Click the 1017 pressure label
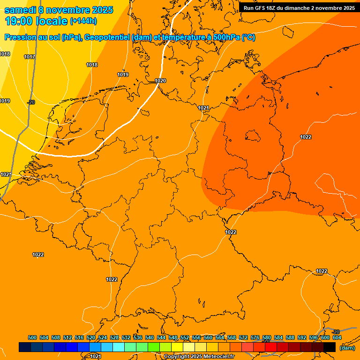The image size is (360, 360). point(30,57)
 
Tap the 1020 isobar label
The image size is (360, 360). point(160,81)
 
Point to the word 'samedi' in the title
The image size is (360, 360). point(20,10)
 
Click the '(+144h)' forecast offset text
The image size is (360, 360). point(83,21)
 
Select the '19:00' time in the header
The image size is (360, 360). point(19,21)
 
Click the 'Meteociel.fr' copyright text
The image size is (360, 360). point(216,357)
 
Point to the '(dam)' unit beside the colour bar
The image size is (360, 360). point(347,348)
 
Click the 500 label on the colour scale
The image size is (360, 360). point(32,337)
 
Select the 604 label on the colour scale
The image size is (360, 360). point(337,337)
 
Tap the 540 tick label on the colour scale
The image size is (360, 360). point(150,337)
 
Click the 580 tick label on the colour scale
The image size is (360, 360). point(267,337)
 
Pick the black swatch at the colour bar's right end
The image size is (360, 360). point(330,347)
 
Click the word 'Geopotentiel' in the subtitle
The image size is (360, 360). point(107,37)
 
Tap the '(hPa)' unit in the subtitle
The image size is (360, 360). point(71,37)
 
